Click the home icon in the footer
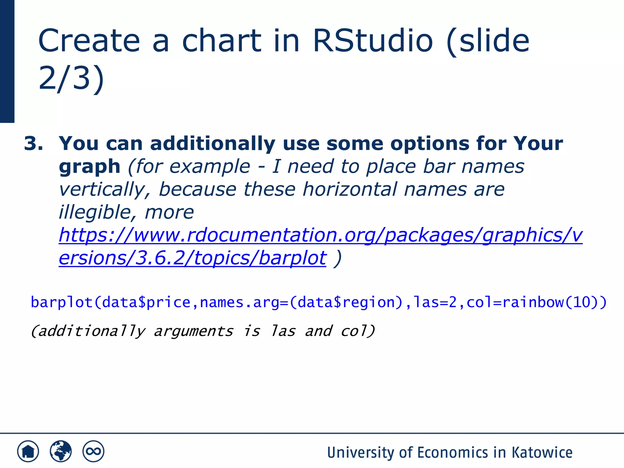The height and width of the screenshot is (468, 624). (x=28, y=451)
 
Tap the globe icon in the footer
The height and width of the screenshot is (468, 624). (x=61, y=451)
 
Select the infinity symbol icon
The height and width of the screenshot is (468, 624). (x=93, y=451)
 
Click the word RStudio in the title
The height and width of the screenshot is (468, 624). (x=372, y=41)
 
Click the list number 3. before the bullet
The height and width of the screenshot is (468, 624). (x=33, y=143)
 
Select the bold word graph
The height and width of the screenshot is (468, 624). (x=90, y=167)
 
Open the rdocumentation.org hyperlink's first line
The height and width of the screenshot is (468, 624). (x=320, y=235)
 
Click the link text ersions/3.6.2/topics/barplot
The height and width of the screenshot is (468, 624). (x=192, y=258)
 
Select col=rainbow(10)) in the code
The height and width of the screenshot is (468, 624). (x=537, y=302)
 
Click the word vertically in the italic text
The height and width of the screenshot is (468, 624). (x=105, y=190)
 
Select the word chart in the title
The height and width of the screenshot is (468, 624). (x=222, y=41)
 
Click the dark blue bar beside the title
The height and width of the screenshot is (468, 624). (x=7, y=61)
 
